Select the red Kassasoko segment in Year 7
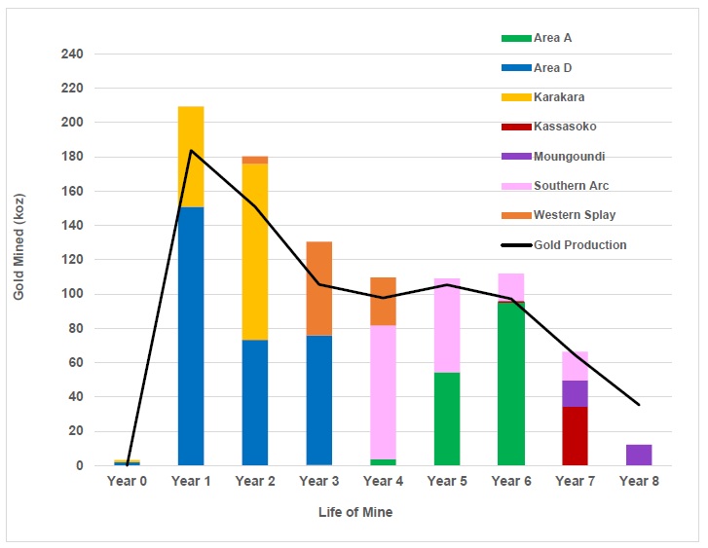coord(575,436)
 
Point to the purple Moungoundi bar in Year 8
coord(639,455)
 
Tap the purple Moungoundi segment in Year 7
coord(575,393)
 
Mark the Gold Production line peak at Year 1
coord(191,150)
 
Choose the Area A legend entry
coord(553,38)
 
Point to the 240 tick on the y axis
coord(71,54)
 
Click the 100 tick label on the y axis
coord(71,294)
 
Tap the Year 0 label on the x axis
coord(127,481)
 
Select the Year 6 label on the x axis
coord(511,481)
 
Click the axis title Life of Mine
coord(355,512)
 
